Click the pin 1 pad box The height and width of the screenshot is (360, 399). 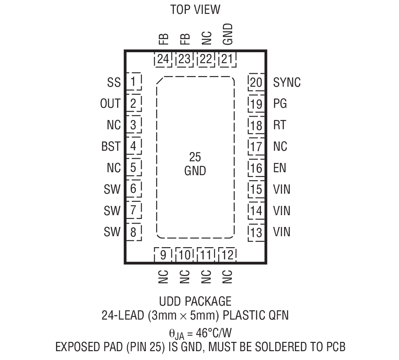click(134, 82)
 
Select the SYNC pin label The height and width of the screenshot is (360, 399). click(287, 82)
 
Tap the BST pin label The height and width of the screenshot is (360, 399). click(111, 147)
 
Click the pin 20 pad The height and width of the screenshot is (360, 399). click(256, 82)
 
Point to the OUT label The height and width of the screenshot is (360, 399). click(110, 103)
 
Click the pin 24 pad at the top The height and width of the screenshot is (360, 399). click(163, 59)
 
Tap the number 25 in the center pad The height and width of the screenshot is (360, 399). click(195, 157)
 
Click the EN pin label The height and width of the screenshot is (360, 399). click(280, 168)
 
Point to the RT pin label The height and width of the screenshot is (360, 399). click(280, 125)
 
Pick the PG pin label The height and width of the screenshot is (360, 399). click(280, 103)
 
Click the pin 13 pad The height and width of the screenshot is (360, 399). click(256, 232)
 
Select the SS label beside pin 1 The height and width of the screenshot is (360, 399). click(114, 82)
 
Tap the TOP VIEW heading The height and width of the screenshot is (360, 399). click(195, 9)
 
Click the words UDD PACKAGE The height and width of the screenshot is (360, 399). click(195, 301)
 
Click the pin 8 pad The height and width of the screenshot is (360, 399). click(134, 232)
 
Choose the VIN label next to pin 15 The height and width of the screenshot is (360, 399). click(282, 189)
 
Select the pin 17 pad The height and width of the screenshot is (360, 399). click(256, 147)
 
